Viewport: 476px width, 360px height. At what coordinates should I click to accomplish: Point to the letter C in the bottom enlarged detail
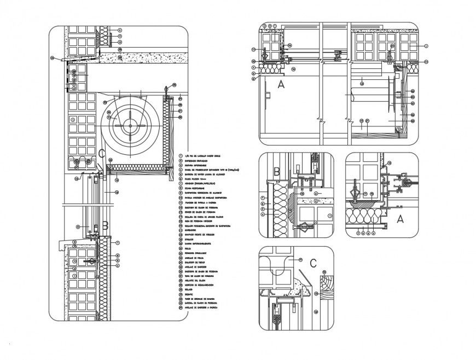tap(314, 262)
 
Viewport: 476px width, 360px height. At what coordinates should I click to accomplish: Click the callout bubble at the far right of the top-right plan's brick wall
tap(426, 47)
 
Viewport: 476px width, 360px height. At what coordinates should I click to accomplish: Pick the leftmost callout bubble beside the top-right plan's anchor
tap(255, 49)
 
